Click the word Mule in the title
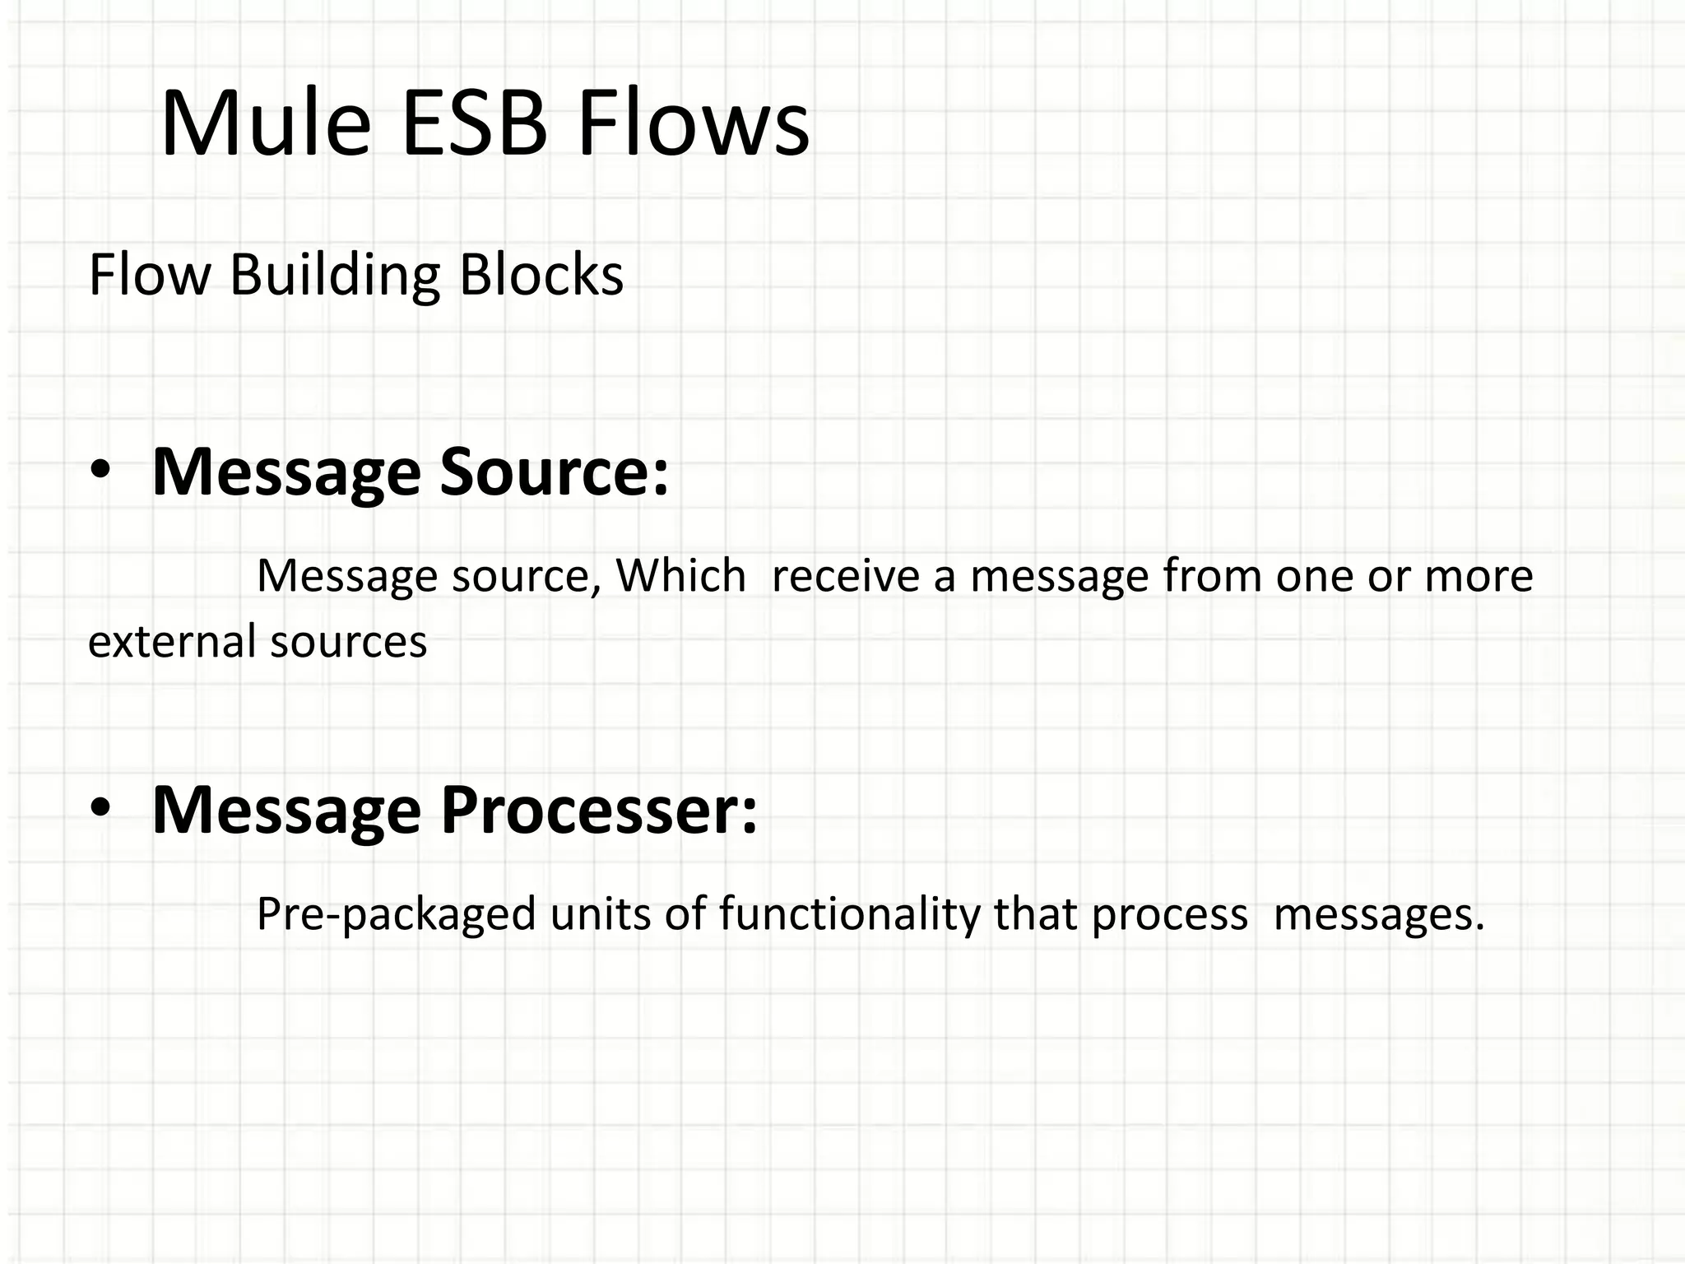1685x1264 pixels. pyautogui.click(x=266, y=123)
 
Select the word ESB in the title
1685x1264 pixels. pyautogui.click(x=475, y=123)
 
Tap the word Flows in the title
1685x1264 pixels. pyautogui.click(x=693, y=123)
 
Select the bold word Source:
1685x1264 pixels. pyautogui.click(x=555, y=472)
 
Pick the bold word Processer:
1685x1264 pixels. pyautogui.click(x=598, y=810)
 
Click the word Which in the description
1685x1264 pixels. pyautogui.click(x=680, y=575)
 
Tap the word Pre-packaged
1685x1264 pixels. pyautogui.click(x=396, y=914)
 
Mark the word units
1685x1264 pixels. pyautogui.click(x=601, y=914)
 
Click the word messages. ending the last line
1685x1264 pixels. pyautogui.click(x=1379, y=914)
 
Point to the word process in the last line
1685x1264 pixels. pyautogui.click(x=1169, y=914)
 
